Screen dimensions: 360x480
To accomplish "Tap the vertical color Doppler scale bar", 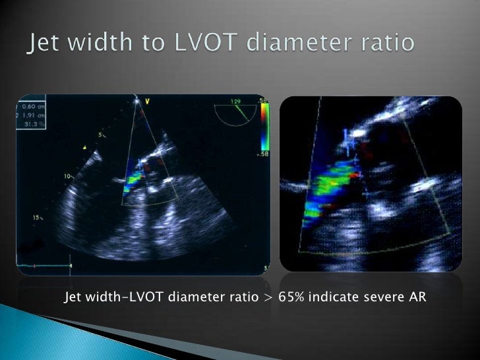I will [x=264, y=133].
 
